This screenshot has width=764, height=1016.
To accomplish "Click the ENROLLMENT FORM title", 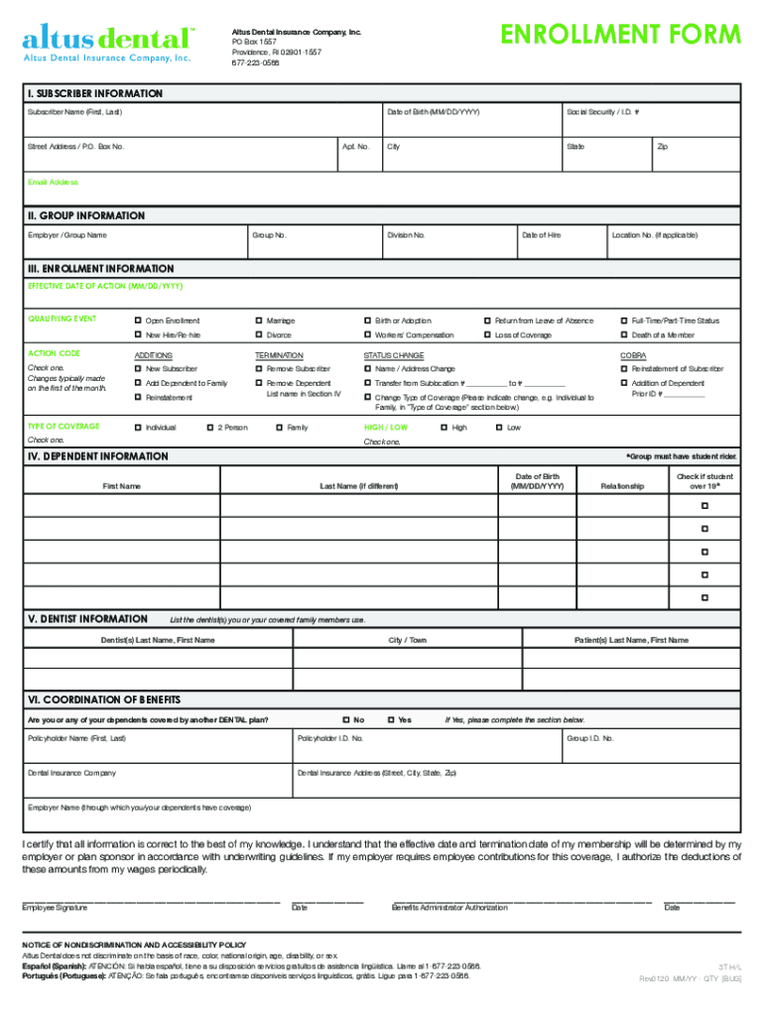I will pyautogui.click(x=620, y=35).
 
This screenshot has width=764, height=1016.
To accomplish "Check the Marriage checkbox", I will pyautogui.click(x=259, y=320).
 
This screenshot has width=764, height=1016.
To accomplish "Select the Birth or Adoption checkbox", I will pyautogui.click(x=368, y=320).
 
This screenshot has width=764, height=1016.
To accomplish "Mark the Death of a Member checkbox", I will pyautogui.click(x=624, y=335).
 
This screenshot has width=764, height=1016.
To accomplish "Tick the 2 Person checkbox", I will pyautogui.click(x=209, y=428).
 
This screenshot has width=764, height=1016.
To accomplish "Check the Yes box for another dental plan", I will pyautogui.click(x=391, y=719).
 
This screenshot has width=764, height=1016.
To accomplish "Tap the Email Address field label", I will pyautogui.click(x=53, y=183).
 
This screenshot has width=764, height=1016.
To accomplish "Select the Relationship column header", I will pyautogui.click(x=622, y=486).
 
